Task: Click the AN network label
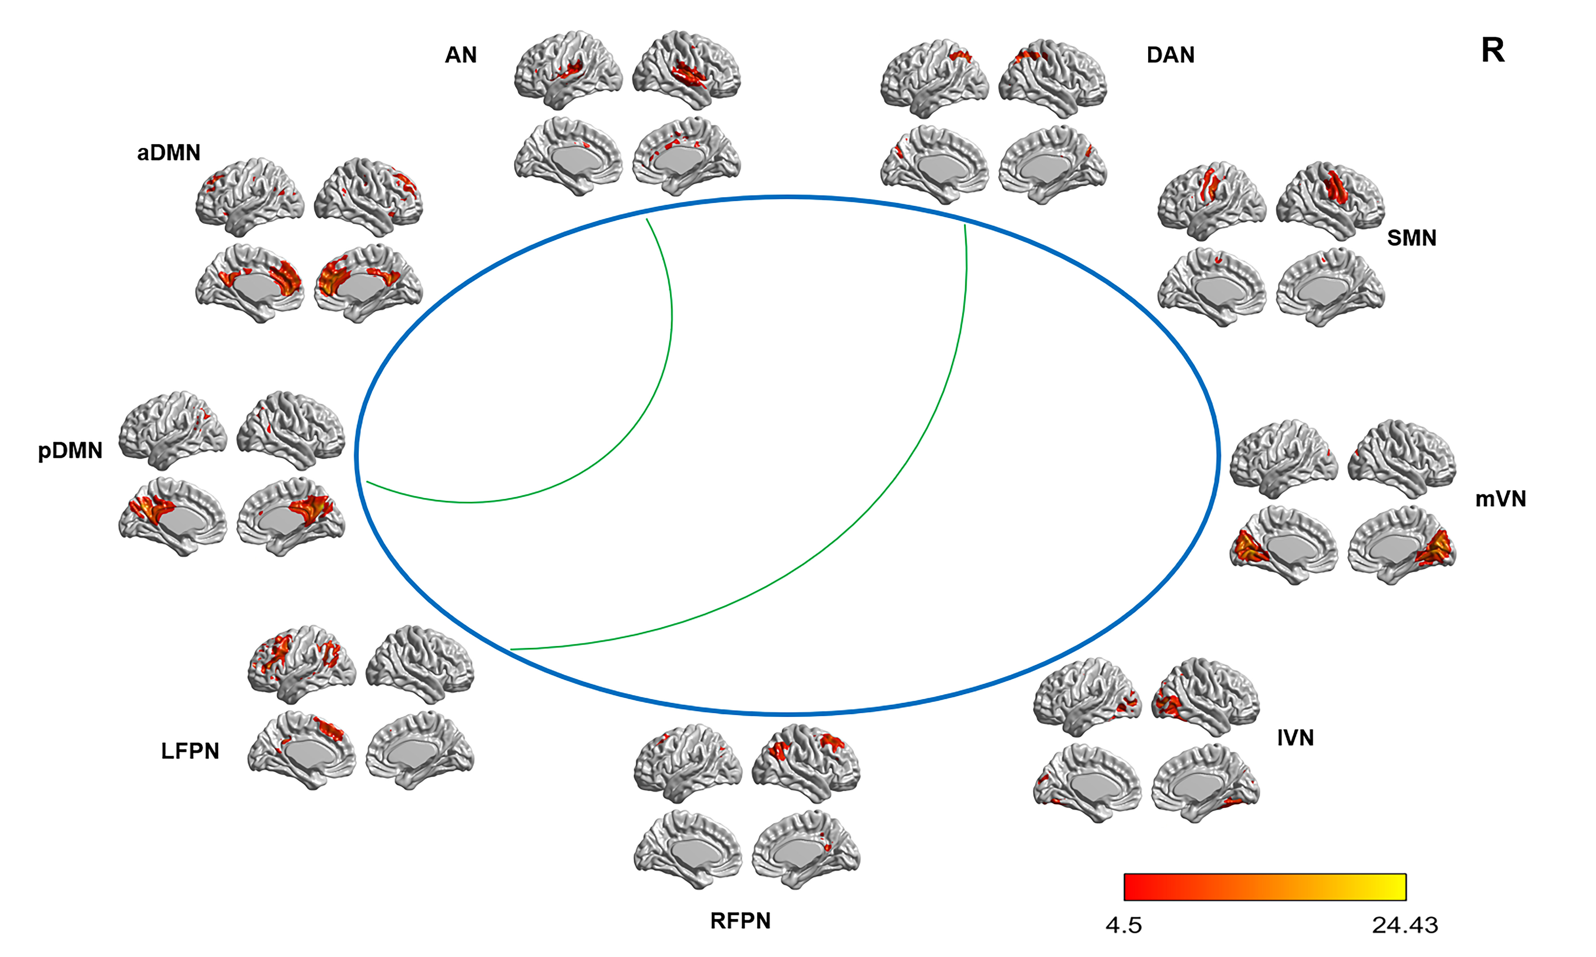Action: point(461,55)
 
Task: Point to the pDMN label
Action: point(70,450)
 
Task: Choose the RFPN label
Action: point(740,921)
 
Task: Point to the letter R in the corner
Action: point(1493,50)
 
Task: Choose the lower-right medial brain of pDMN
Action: point(291,516)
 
